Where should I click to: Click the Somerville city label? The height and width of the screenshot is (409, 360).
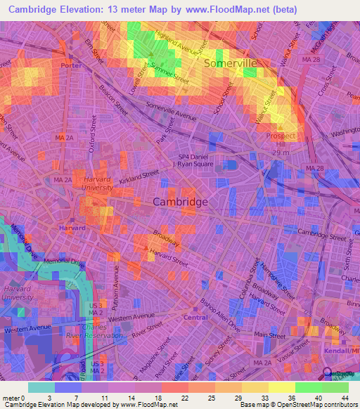230,63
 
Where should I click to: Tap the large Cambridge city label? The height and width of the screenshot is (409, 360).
180,202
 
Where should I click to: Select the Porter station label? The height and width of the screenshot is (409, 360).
71,65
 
